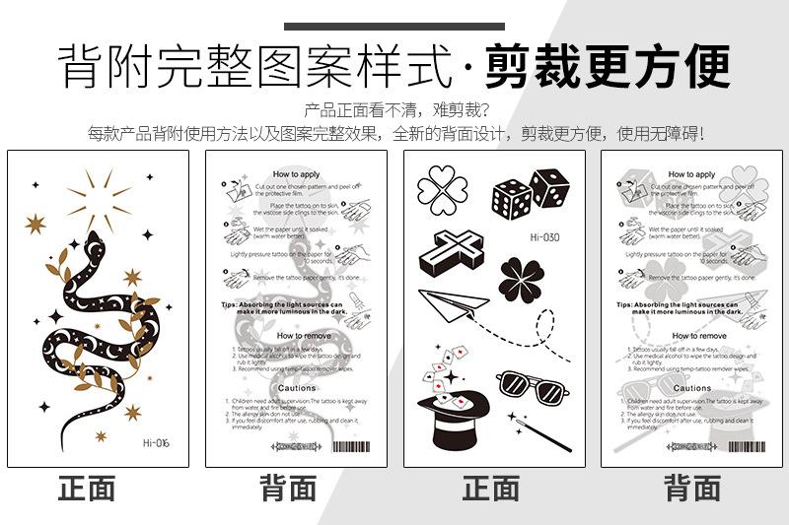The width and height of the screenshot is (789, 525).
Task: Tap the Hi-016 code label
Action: click(x=156, y=442)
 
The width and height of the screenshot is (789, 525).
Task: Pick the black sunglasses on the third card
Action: click(x=525, y=385)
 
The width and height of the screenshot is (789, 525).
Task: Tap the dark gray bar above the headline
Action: click(x=394, y=27)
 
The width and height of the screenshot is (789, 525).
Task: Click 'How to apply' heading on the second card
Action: click(x=296, y=174)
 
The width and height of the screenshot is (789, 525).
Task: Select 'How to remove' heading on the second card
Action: click(x=296, y=336)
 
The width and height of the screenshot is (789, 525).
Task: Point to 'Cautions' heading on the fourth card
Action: click(x=691, y=389)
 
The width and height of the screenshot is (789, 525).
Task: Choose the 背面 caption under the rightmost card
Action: click(x=691, y=489)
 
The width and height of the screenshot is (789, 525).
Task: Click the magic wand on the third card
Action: click(x=531, y=427)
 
